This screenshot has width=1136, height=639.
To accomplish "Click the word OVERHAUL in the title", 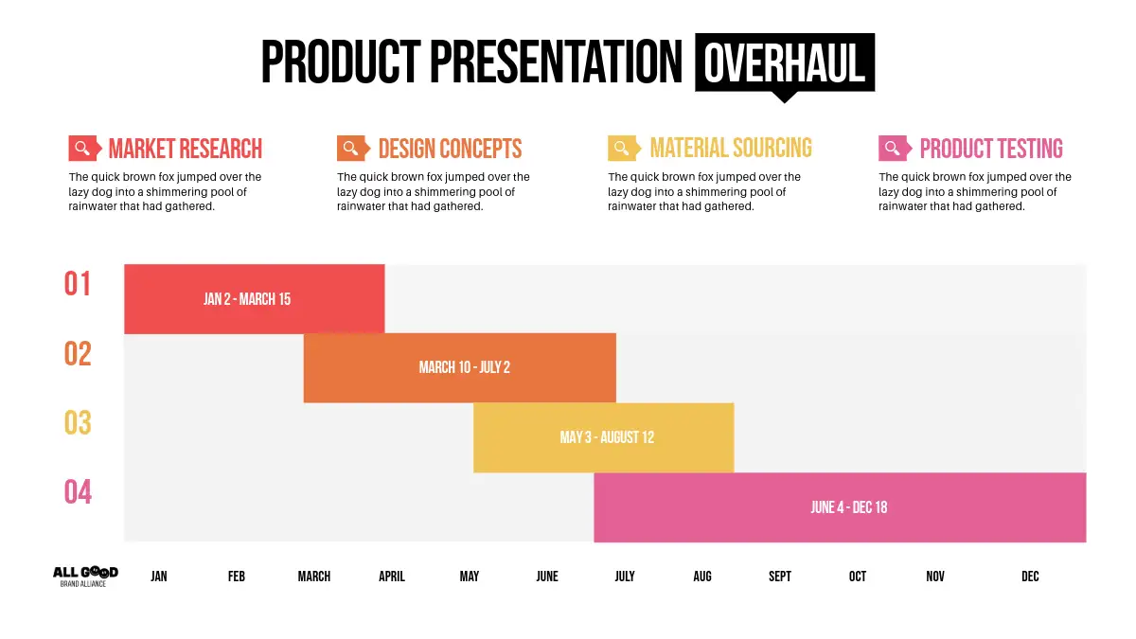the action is (x=784, y=63).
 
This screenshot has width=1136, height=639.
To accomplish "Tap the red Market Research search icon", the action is (x=84, y=148).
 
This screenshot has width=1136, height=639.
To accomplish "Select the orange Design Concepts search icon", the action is (x=353, y=148).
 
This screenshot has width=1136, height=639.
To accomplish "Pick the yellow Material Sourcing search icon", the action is (x=624, y=148).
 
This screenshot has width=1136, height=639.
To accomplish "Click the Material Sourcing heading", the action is (x=731, y=148).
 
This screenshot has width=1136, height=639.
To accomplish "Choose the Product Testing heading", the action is (x=991, y=149).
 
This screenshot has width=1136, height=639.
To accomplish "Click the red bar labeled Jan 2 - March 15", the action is (x=254, y=299).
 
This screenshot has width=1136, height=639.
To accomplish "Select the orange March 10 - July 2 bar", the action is (x=460, y=367).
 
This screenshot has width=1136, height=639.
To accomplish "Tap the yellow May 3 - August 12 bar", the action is (x=604, y=437).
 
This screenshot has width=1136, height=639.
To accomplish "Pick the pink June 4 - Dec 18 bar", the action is (x=840, y=507).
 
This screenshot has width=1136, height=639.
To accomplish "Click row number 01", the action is (x=77, y=283).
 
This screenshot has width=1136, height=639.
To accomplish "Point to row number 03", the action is (x=78, y=422).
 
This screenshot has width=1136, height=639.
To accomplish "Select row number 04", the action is (x=78, y=492).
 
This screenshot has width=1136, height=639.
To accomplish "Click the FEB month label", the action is (x=237, y=577).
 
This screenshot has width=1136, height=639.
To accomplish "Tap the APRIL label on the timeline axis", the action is (x=392, y=577).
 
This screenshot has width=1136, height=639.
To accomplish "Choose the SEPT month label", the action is (x=780, y=577).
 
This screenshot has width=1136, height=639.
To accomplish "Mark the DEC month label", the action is (x=1030, y=577).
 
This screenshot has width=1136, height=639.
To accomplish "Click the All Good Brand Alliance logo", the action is (x=85, y=577).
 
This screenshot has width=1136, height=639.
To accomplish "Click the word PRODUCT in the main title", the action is (x=341, y=62).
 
